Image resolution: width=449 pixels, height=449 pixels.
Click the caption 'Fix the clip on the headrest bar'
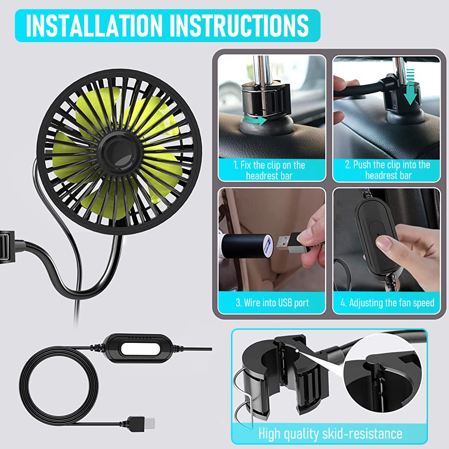click(x=272, y=170)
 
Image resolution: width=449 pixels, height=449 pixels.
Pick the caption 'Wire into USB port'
click(x=272, y=303)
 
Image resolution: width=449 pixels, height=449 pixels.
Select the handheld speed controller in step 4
click(x=377, y=237)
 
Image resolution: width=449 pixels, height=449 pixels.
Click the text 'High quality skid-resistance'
click(x=330, y=434)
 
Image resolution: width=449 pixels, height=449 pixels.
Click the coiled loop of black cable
click(x=57, y=386)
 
